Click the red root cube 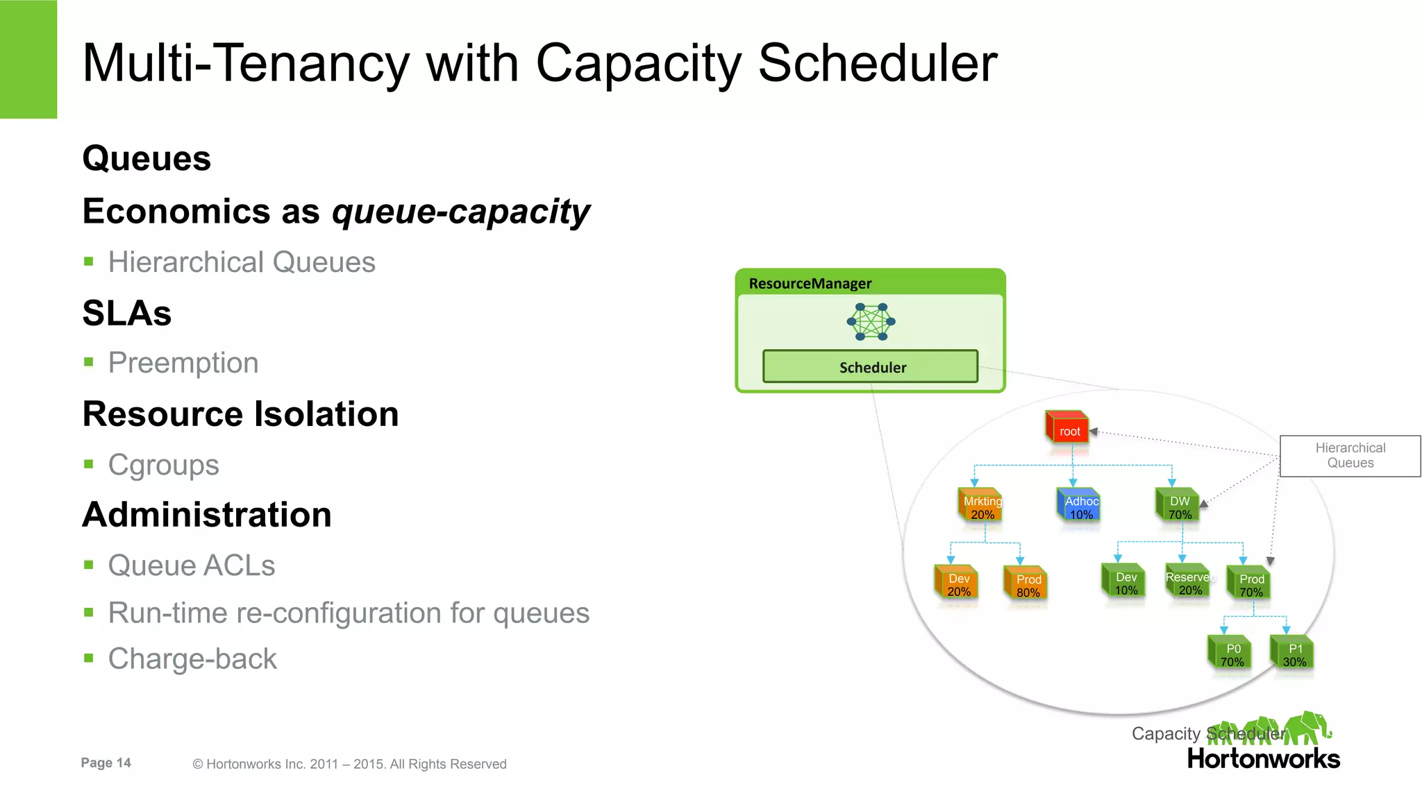point(1067,428)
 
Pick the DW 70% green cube point(1178,506)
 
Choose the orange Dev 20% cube point(957,584)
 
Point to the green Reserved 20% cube point(1188,582)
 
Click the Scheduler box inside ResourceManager point(871,367)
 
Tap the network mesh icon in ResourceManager point(871,321)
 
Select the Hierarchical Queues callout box point(1350,456)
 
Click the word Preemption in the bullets point(183,363)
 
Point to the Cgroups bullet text point(164,465)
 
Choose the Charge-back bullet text point(192,658)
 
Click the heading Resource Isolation point(240,414)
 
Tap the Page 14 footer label point(106,763)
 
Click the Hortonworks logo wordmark point(1263,758)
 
